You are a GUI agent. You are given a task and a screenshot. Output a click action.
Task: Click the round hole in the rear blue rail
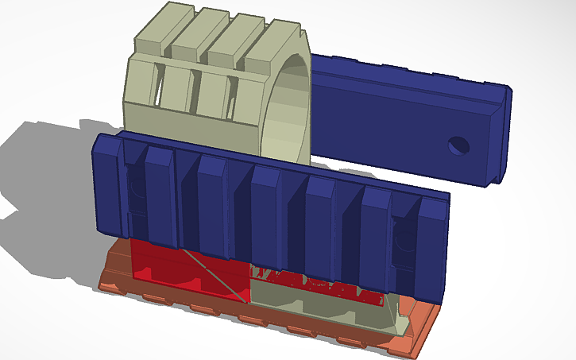pos(458,145)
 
